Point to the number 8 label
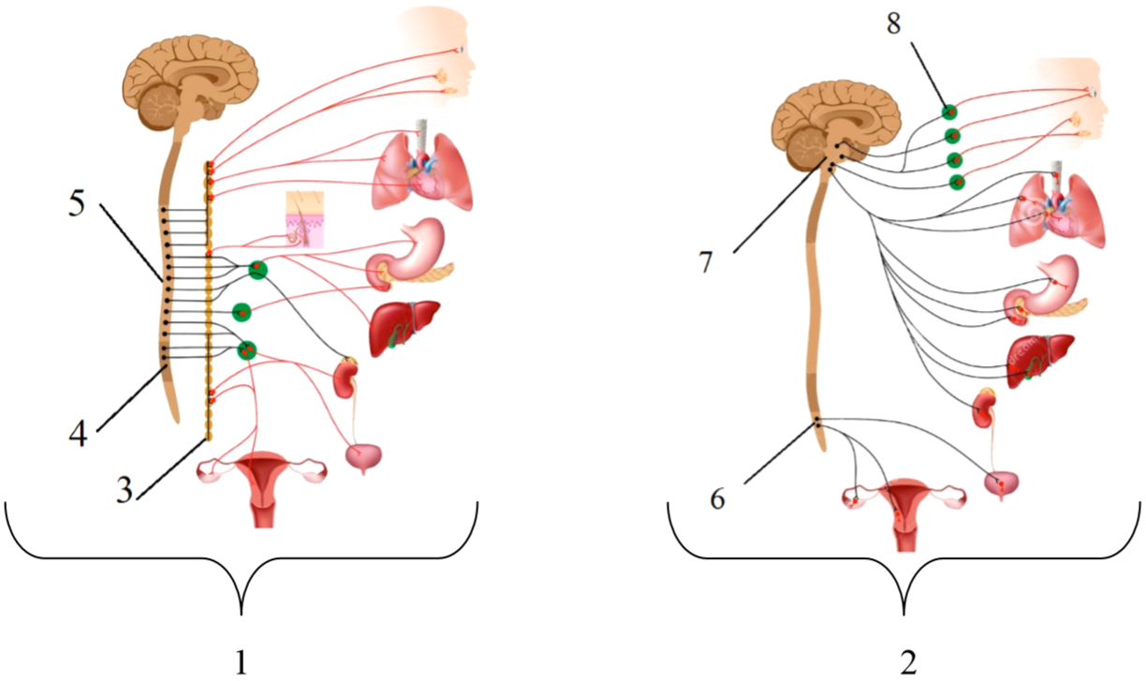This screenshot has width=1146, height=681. (894, 25)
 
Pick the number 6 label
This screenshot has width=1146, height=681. (717, 499)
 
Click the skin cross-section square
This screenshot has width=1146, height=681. (304, 220)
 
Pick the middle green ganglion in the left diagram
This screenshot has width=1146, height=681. (242, 311)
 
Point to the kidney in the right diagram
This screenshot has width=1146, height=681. (984, 409)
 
